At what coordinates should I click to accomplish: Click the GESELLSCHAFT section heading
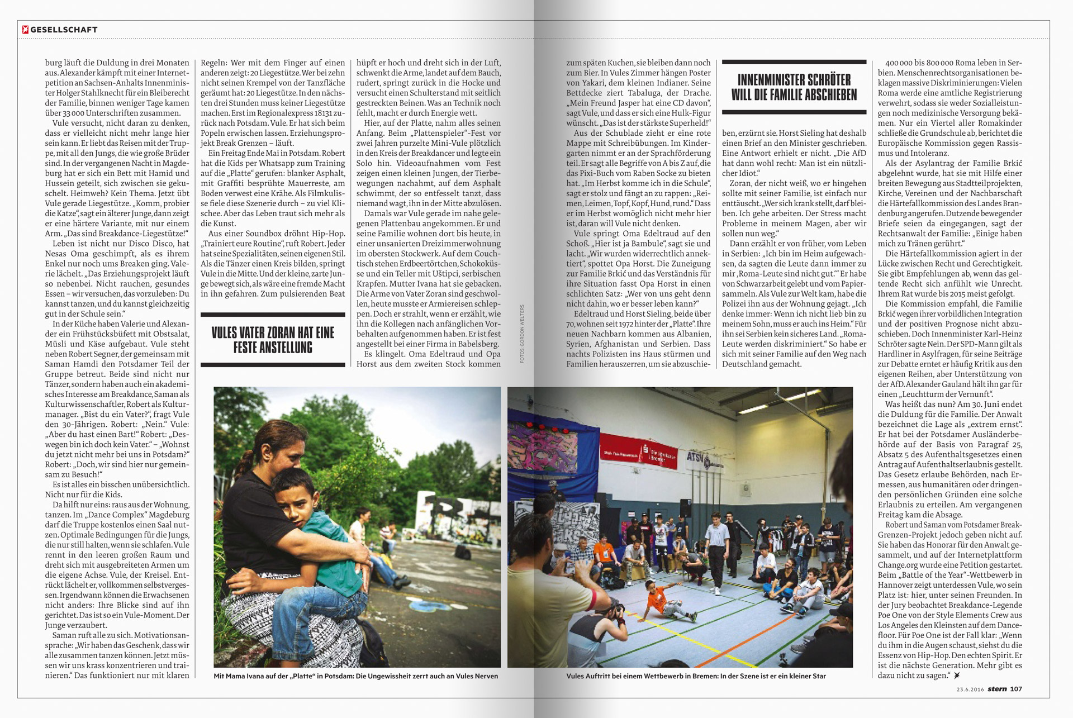[64, 30]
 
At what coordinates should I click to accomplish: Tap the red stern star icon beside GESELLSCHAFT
[25, 30]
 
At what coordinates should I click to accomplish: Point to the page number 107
[1016, 689]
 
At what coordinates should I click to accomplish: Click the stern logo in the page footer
[997, 689]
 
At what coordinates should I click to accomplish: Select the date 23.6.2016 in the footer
[970, 690]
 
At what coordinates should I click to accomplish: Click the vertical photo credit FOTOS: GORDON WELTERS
[522, 334]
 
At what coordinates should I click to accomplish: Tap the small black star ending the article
[957, 676]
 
